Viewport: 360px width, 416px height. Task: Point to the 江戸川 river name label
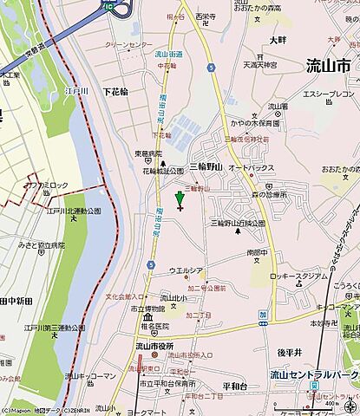pyautogui.click(x=76, y=89)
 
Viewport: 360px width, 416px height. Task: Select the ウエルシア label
pyautogui.click(x=186, y=270)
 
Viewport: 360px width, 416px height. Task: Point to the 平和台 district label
pyautogui.click(x=236, y=362)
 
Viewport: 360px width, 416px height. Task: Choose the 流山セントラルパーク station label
pyautogui.click(x=311, y=375)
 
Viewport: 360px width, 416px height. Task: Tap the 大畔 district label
pyautogui.click(x=278, y=40)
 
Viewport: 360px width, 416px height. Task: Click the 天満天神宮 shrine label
pyautogui.click(x=259, y=65)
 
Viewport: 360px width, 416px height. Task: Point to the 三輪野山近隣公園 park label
pyautogui.click(x=237, y=223)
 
